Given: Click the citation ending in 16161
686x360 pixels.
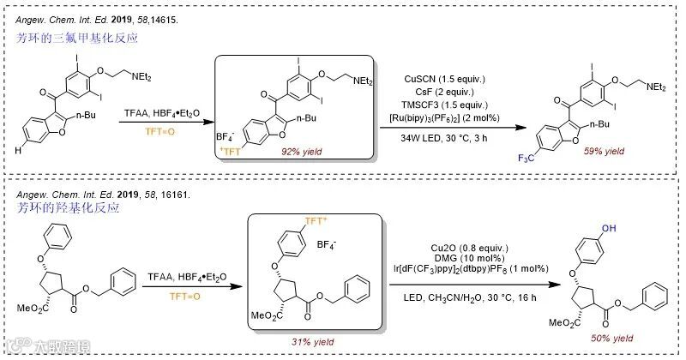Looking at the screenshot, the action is pos(99,195).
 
